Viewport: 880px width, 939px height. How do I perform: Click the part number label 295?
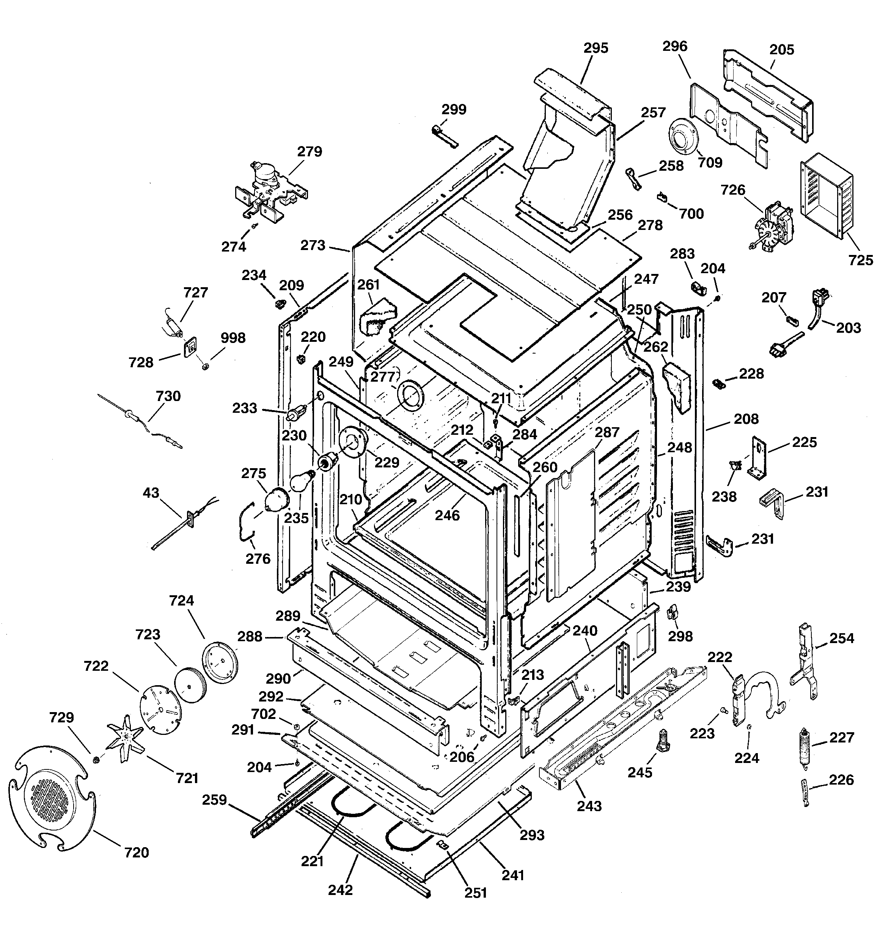pos(596,48)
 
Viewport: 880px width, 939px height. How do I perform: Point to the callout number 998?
pos(233,338)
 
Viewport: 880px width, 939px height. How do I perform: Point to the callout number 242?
pos(340,890)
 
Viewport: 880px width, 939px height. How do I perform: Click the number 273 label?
pos(313,245)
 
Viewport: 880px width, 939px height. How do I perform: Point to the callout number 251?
pos(476,893)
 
